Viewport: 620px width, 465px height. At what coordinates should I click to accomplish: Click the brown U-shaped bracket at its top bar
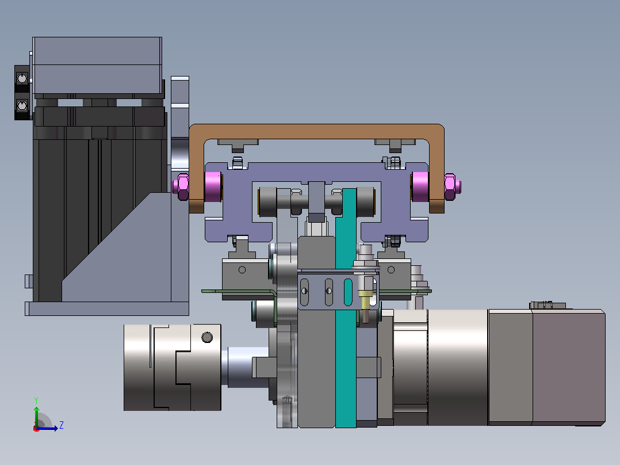(x=316, y=131)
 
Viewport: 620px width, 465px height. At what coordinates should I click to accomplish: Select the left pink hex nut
(x=182, y=187)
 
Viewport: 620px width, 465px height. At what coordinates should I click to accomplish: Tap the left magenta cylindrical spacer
(x=213, y=187)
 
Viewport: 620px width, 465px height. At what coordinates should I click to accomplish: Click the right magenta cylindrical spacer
(x=420, y=187)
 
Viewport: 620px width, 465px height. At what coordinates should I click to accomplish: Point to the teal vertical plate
(x=346, y=308)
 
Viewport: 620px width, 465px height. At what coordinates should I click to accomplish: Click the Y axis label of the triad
(x=36, y=400)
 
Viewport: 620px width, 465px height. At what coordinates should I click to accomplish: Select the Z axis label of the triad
(x=62, y=425)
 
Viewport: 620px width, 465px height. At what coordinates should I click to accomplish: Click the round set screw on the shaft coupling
(x=207, y=337)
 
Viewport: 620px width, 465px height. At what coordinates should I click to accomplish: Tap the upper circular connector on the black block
(x=22, y=78)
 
